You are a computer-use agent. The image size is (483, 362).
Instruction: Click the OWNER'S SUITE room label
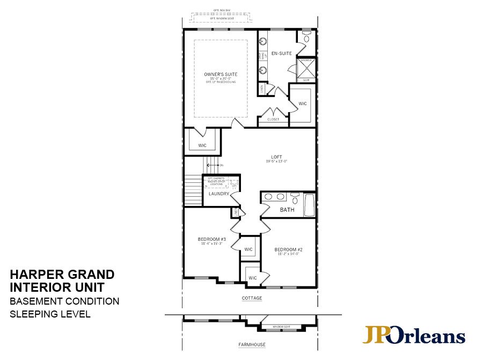click(x=221, y=74)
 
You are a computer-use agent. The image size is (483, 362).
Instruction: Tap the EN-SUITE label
click(x=281, y=54)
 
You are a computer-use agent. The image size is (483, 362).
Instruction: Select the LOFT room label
click(x=276, y=157)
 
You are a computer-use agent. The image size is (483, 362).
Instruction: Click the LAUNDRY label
click(x=219, y=194)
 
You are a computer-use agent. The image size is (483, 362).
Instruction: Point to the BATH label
click(x=287, y=210)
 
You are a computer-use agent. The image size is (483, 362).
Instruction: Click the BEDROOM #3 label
click(x=211, y=239)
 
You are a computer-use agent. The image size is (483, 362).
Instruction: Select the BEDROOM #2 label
click(x=289, y=250)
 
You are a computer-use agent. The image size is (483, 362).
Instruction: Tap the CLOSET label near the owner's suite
click(x=273, y=120)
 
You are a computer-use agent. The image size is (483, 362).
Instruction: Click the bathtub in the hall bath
click(x=309, y=204)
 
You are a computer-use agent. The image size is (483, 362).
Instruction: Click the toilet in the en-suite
click(x=306, y=38)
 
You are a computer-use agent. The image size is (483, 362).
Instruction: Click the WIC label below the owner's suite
click(x=202, y=145)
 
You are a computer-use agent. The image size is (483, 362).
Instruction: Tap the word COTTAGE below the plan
click(x=251, y=298)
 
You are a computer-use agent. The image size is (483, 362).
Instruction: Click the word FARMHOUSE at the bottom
click(x=251, y=345)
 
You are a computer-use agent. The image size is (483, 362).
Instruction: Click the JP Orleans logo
click(x=413, y=335)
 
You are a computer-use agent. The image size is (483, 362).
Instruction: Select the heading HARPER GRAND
click(x=61, y=275)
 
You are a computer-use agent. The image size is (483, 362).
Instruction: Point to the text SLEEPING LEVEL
click(x=50, y=314)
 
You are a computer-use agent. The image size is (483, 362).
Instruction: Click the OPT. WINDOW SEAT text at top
click(x=221, y=19)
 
